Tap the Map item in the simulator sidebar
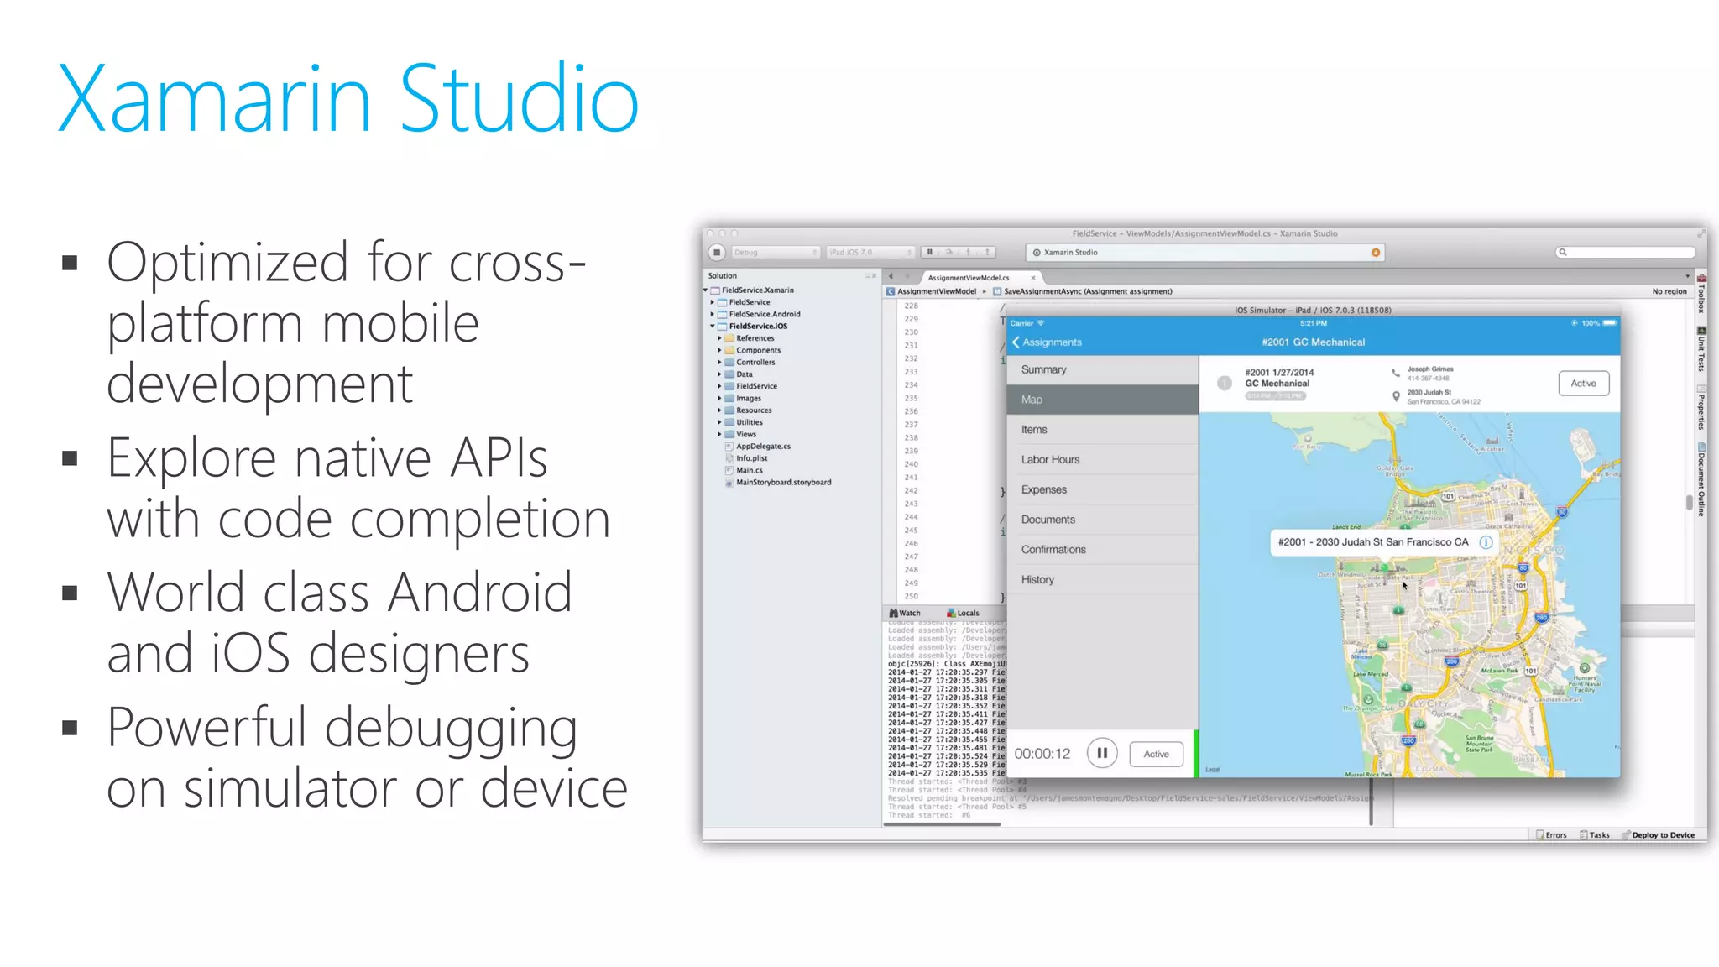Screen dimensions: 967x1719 [1032, 400]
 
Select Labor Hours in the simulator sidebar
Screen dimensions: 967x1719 [1050, 460]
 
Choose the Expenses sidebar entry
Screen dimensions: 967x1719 [1043, 489]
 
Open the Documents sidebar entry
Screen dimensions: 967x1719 [1048, 520]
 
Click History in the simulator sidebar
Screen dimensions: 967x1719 [1037, 580]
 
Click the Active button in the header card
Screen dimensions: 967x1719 [1583, 384]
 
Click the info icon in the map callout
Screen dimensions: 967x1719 [1486, 542]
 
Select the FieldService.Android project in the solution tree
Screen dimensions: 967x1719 [764, 314]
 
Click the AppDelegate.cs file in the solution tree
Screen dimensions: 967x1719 [763, 447]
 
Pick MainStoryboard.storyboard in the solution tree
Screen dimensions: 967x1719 [783, 483]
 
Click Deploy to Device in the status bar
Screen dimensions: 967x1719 [1662, 835]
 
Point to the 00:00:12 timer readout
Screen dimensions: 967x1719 [1042, 754]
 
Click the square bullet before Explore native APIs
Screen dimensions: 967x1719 [70, 458]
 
